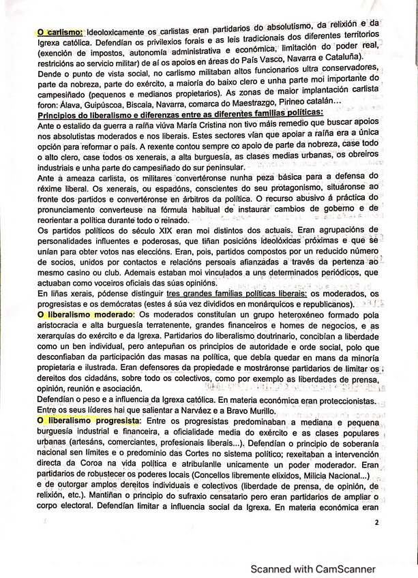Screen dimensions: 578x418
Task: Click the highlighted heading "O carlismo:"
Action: pos(59,33)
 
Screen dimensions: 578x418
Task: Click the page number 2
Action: pos(376,523)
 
